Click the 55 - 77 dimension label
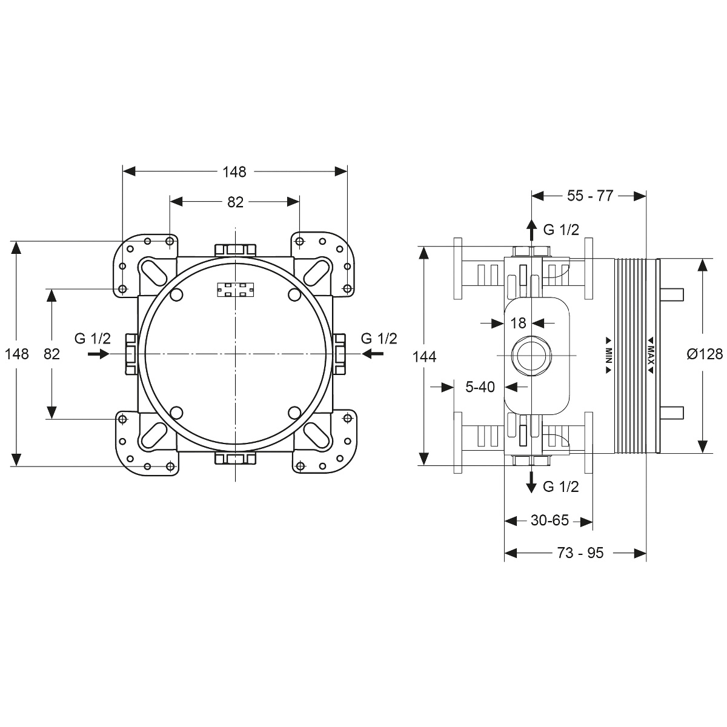click(x=590, y=196)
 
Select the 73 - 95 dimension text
click(x=580, y=553)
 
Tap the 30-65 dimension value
click(x=549, y=520)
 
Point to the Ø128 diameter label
click(x=705, y=354)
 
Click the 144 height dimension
click(x=425, y=356)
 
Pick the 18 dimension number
click(x=518, y=323)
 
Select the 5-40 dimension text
click(x=480, y=387)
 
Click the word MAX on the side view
click(x=651, y=354)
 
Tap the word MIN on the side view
click(x=608, y=354)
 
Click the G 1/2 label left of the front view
click(x=93, y=339)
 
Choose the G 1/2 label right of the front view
click(x=379, y=339)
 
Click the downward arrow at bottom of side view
click(x=531, y=482)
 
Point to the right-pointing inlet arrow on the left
click(x=98, y=354)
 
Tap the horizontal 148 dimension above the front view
click(x=234, y=172)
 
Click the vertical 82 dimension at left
click(x=51, y=354)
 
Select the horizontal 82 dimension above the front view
click(x=235, y=202)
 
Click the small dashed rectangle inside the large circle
click(x=236, y=290)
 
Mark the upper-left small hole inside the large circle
click(x=176, y=294)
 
